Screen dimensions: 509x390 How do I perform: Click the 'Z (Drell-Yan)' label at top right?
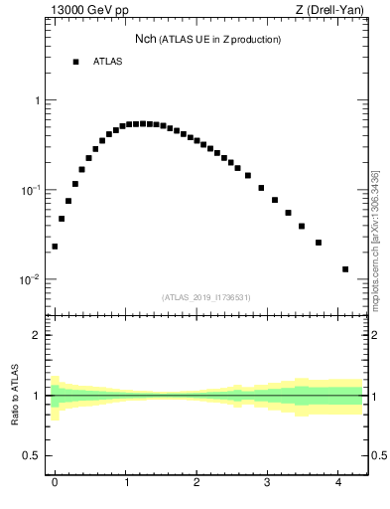click(x=329, y=12)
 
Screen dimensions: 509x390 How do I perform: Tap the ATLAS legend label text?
click(x=107, y=62)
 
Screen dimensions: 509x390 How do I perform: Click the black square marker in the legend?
click(x=75, y=62)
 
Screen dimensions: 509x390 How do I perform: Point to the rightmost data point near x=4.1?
click(x=345, y=268)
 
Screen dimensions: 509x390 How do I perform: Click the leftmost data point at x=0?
click(x=55, y=247)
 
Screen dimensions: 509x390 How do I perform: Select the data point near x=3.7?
click(x=319, y=243)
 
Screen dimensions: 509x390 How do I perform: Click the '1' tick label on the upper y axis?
click(x=37, y=101)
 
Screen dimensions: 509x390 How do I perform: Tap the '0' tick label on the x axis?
click(x=55, y=482)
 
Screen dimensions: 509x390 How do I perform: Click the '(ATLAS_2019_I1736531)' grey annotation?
click(x=206, y=297)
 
